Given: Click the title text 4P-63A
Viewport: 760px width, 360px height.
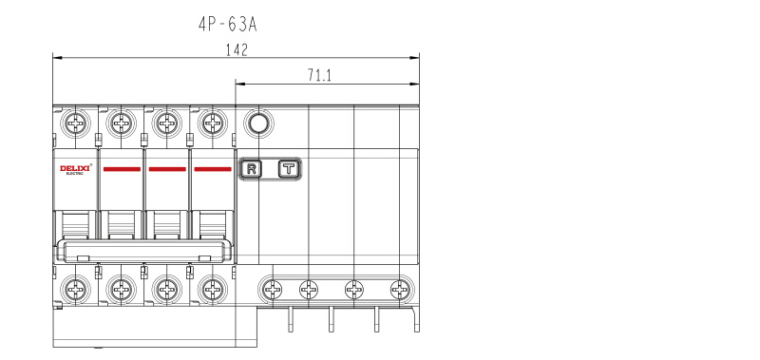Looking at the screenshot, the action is click(x=227, y=25).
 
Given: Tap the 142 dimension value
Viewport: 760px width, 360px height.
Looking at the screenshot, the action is click(x=237, y=50).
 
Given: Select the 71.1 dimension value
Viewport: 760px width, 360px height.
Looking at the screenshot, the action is click(x=319, y=75).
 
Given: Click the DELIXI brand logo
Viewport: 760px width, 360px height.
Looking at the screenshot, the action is click(x=76, y=169).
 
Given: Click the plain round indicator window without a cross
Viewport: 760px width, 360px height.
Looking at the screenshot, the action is click(x=258, y=123).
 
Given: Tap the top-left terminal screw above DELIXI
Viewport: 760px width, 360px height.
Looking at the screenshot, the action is click(x=76, y=123).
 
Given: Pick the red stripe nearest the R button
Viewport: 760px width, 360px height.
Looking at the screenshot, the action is click(x=213, y=169).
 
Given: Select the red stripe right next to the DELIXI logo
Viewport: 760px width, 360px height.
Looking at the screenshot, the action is click(x=122, y=169).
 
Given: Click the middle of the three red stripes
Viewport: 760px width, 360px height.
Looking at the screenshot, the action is click(x=167, y=169).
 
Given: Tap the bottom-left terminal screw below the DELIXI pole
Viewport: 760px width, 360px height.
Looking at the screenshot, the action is click(x=76, y=290).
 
